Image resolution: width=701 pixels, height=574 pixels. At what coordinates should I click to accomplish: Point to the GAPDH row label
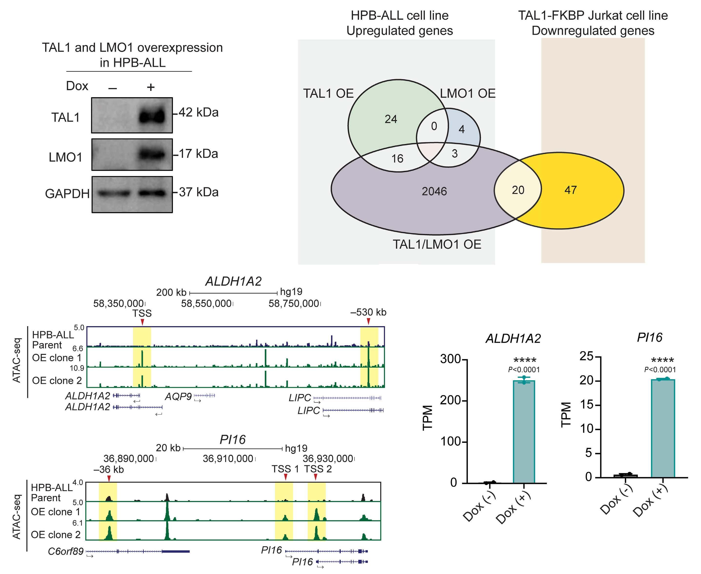pos(67,194)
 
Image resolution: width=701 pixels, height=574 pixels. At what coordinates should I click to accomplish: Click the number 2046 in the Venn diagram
pos(434,191)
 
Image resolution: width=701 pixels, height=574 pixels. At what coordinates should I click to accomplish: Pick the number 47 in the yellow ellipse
pos(570,190)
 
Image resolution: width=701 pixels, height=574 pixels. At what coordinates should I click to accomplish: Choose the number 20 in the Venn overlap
pos(518,190)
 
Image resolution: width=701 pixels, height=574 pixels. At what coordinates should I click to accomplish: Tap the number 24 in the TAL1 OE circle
pos(391,119)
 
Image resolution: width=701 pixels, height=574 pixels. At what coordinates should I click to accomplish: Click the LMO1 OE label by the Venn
pos(467,94)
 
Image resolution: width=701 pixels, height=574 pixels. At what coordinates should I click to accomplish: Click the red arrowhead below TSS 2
pos(316,477)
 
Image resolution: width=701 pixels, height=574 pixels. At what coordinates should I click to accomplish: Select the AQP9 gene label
pos(178,396)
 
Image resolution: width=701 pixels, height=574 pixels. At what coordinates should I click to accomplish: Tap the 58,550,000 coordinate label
pos(206,303)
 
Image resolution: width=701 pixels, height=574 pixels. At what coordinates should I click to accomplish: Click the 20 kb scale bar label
pos(168,448)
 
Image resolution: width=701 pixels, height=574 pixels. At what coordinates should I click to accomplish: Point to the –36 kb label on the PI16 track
pos(109,469)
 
